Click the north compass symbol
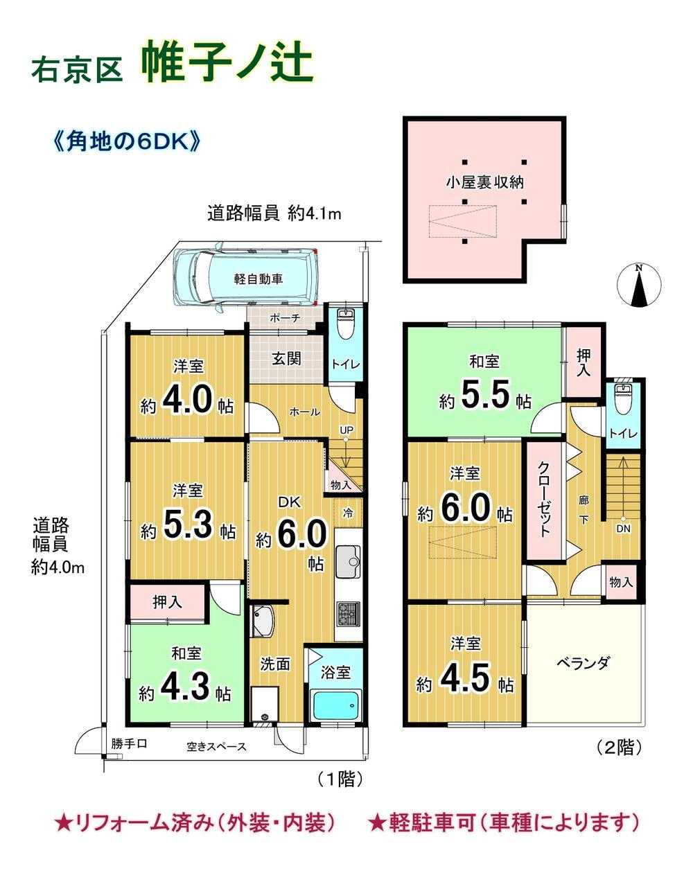click(x=639, y=285)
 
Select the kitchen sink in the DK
click(x=348, y=561)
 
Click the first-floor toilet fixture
click(x=346, y=324)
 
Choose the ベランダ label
click(x=583, y=664)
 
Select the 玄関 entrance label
click(x=286, y=358)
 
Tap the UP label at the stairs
click(x=346, y=430)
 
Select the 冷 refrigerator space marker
click(x=348, y=513)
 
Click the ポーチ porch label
click(x=285, y=317)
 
